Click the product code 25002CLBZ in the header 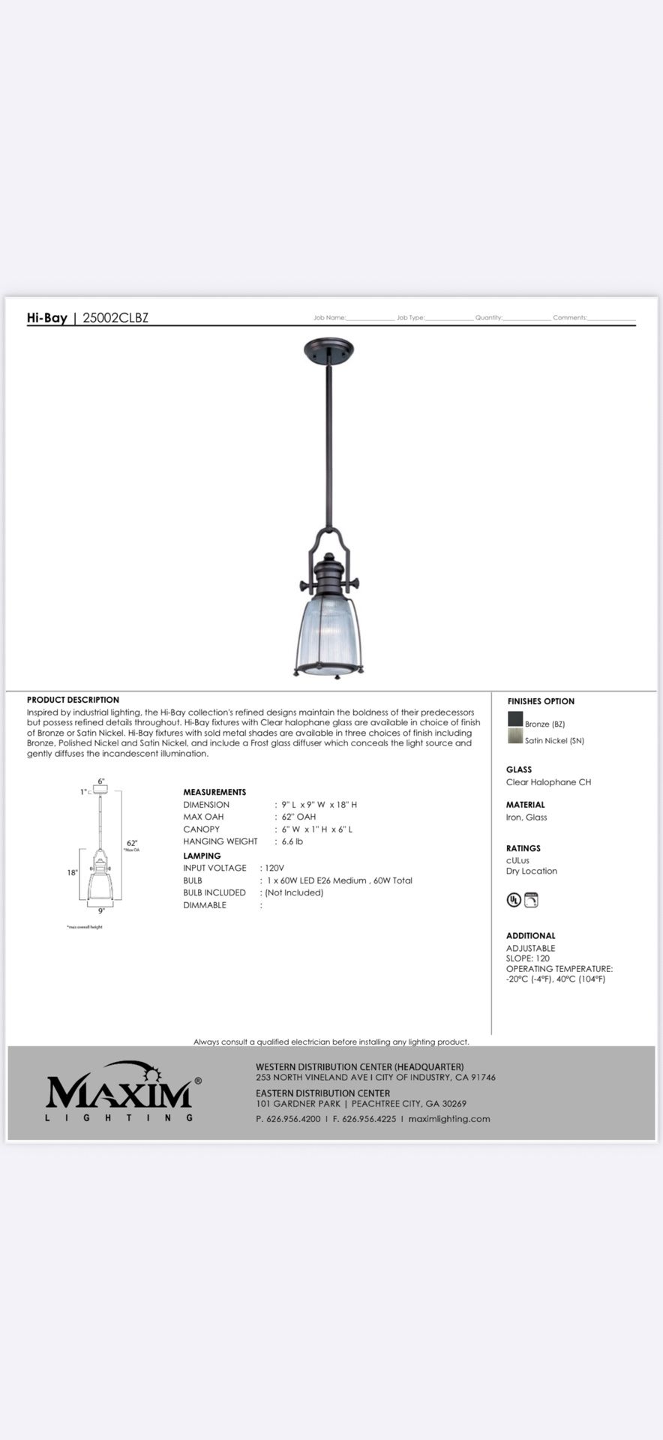pyautogui.click(x=115, y=317)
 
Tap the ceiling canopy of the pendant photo pyautogui.click(x=328, y=348)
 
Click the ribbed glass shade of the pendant pyautogui.click(x=328, y=630)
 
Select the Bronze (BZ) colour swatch pyautogui.click(x=515, y=718)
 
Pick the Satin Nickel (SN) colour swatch pyautogui.click(x=515, y=736)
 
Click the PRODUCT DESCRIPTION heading pyautogui.click(x=73, y=700)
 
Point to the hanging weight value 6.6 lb pyautogui.click(x=292, y=841)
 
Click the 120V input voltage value pyautogui.click(x=274, y=868)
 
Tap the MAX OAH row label pyautogui.click(x=203, y=817)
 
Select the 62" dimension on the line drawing pyautogui.click(x=131, y=843)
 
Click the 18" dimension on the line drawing pyautogui.click(x=72, y=873)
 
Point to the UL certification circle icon pyautogui.click(x=514, y=899)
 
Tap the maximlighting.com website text pyautogui.click(x=449, y=1118)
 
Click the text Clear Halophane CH pyautogui.click(x=548, y=782)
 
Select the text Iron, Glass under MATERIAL pyautogui.click(x=526, y=817)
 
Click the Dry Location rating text pyautogui.click(x=532, y=871)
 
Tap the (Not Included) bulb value pyautogui.click(x=293, y=892)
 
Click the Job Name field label pyautogui.click(x=329, y=318)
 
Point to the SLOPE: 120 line pyautogui.click(x=528, y=958)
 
